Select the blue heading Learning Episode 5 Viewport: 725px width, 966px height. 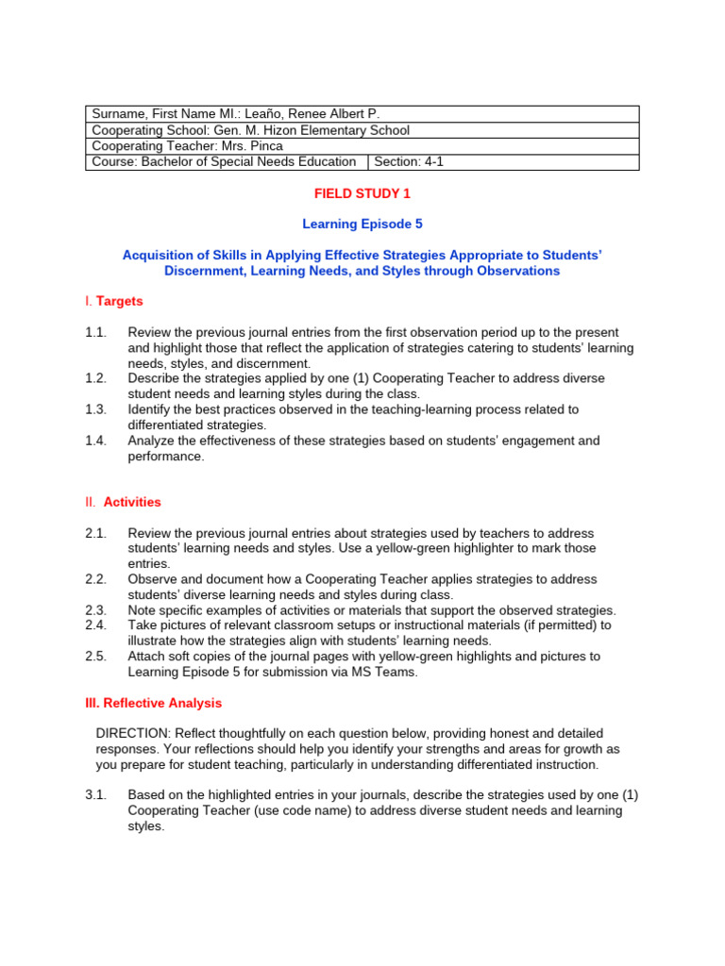[x=362, y=224]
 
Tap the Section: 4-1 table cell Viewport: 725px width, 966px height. [x=408, y=161]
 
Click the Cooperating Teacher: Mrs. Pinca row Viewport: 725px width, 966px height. [x=362, y=146]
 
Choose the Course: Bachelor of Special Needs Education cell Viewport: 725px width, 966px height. [x=224, y=161]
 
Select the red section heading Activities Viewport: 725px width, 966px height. [x=132, y=502]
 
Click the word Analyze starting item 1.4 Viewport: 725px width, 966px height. [x=152, y=441]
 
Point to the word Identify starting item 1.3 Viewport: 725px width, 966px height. [x=152, y=409]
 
